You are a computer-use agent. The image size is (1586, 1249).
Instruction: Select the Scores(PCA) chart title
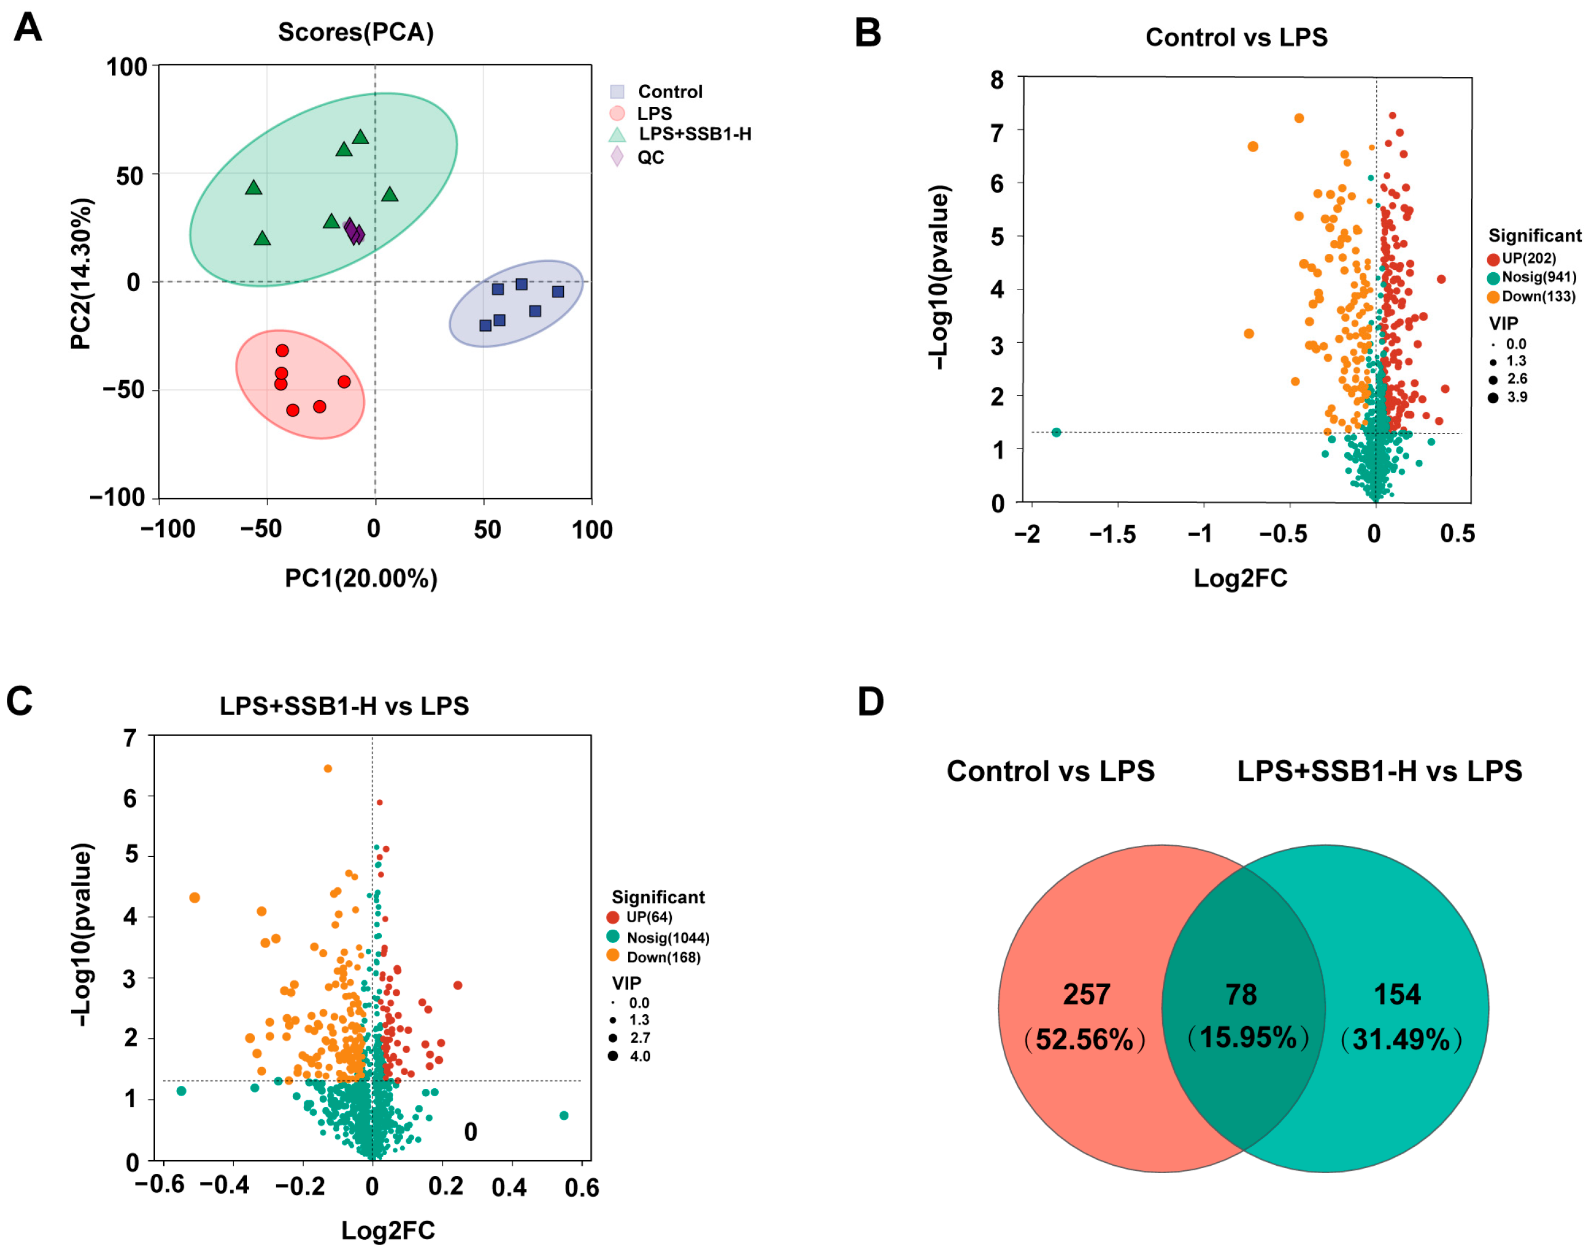pyautogui.click(x=355, y=32)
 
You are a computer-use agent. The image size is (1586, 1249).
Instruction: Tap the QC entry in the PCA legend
pyautogui.click(x=650, y=157)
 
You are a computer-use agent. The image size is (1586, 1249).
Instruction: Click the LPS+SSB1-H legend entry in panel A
pyautogui.click(x=694, y=134)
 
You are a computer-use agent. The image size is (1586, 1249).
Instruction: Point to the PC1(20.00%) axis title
pyautogui.click(x=361, y=578)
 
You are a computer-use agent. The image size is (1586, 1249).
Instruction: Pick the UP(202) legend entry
pyautogui.click(x=1528, y=258)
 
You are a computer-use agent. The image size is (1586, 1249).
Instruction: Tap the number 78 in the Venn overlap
pyautogui.click(x=1241, y=995)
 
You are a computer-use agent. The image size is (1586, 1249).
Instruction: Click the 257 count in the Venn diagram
pyautogui.click(x=1086, y=995)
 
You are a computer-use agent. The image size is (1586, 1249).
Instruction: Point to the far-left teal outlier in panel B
pyautogui.click(x=1056, y=432)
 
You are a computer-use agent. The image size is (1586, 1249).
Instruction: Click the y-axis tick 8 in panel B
pyautogui.click(x=997, y=80)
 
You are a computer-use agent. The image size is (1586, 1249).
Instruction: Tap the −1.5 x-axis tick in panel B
pyautogui.click(x=1112, y=535)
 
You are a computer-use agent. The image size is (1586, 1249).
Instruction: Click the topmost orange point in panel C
pyautogui.click(x=327, y=768)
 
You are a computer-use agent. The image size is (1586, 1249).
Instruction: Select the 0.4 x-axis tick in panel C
pyautogui.click(x=509, y=1187)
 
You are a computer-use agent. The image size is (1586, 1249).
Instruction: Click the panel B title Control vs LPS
pyautogui.click(x=1236, y=37)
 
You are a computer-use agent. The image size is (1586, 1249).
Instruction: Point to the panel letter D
pyautogui.click(x=870, y=702)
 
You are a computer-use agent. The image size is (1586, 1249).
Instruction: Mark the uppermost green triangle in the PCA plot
pyautogui.click(x=360, y=137)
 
